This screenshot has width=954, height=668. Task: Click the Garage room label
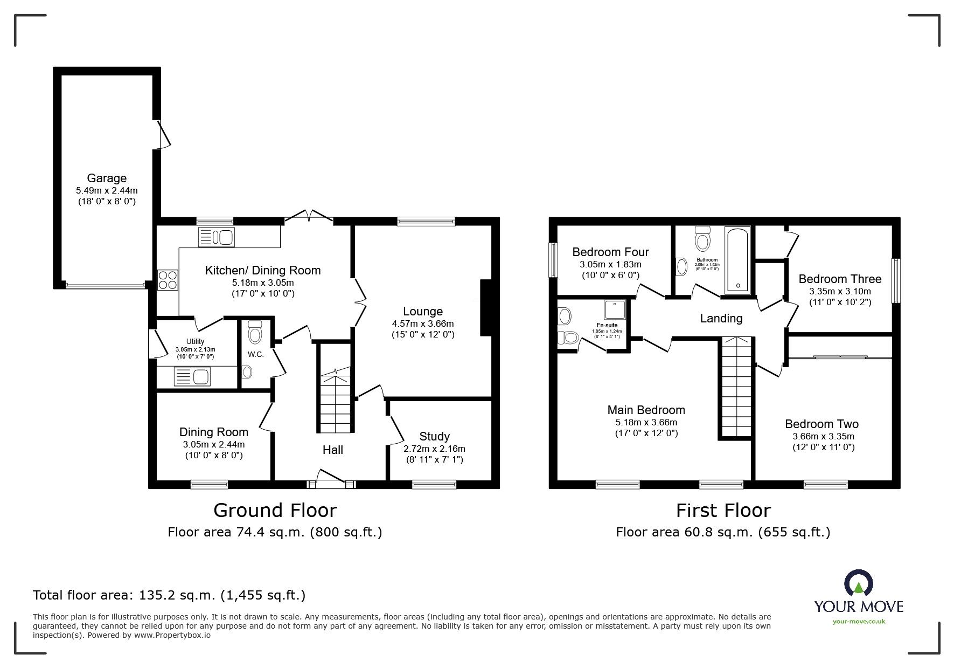107,178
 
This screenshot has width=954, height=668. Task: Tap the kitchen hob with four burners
168,280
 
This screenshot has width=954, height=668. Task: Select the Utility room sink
192,376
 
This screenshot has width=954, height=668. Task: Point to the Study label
434,436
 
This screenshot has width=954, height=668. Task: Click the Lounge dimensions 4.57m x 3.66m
423,323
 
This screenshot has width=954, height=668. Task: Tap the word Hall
332,450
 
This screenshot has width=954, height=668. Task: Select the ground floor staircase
336,402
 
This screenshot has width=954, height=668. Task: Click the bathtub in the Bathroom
737,260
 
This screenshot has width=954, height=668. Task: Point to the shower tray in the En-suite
614,309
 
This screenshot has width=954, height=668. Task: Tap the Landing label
721,318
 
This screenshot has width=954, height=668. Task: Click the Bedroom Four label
610,252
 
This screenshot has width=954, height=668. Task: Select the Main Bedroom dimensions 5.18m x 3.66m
646,422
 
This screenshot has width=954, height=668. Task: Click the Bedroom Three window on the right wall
895,280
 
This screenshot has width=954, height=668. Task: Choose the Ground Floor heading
275,510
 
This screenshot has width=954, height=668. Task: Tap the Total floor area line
169,595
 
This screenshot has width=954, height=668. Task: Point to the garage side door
163,133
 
